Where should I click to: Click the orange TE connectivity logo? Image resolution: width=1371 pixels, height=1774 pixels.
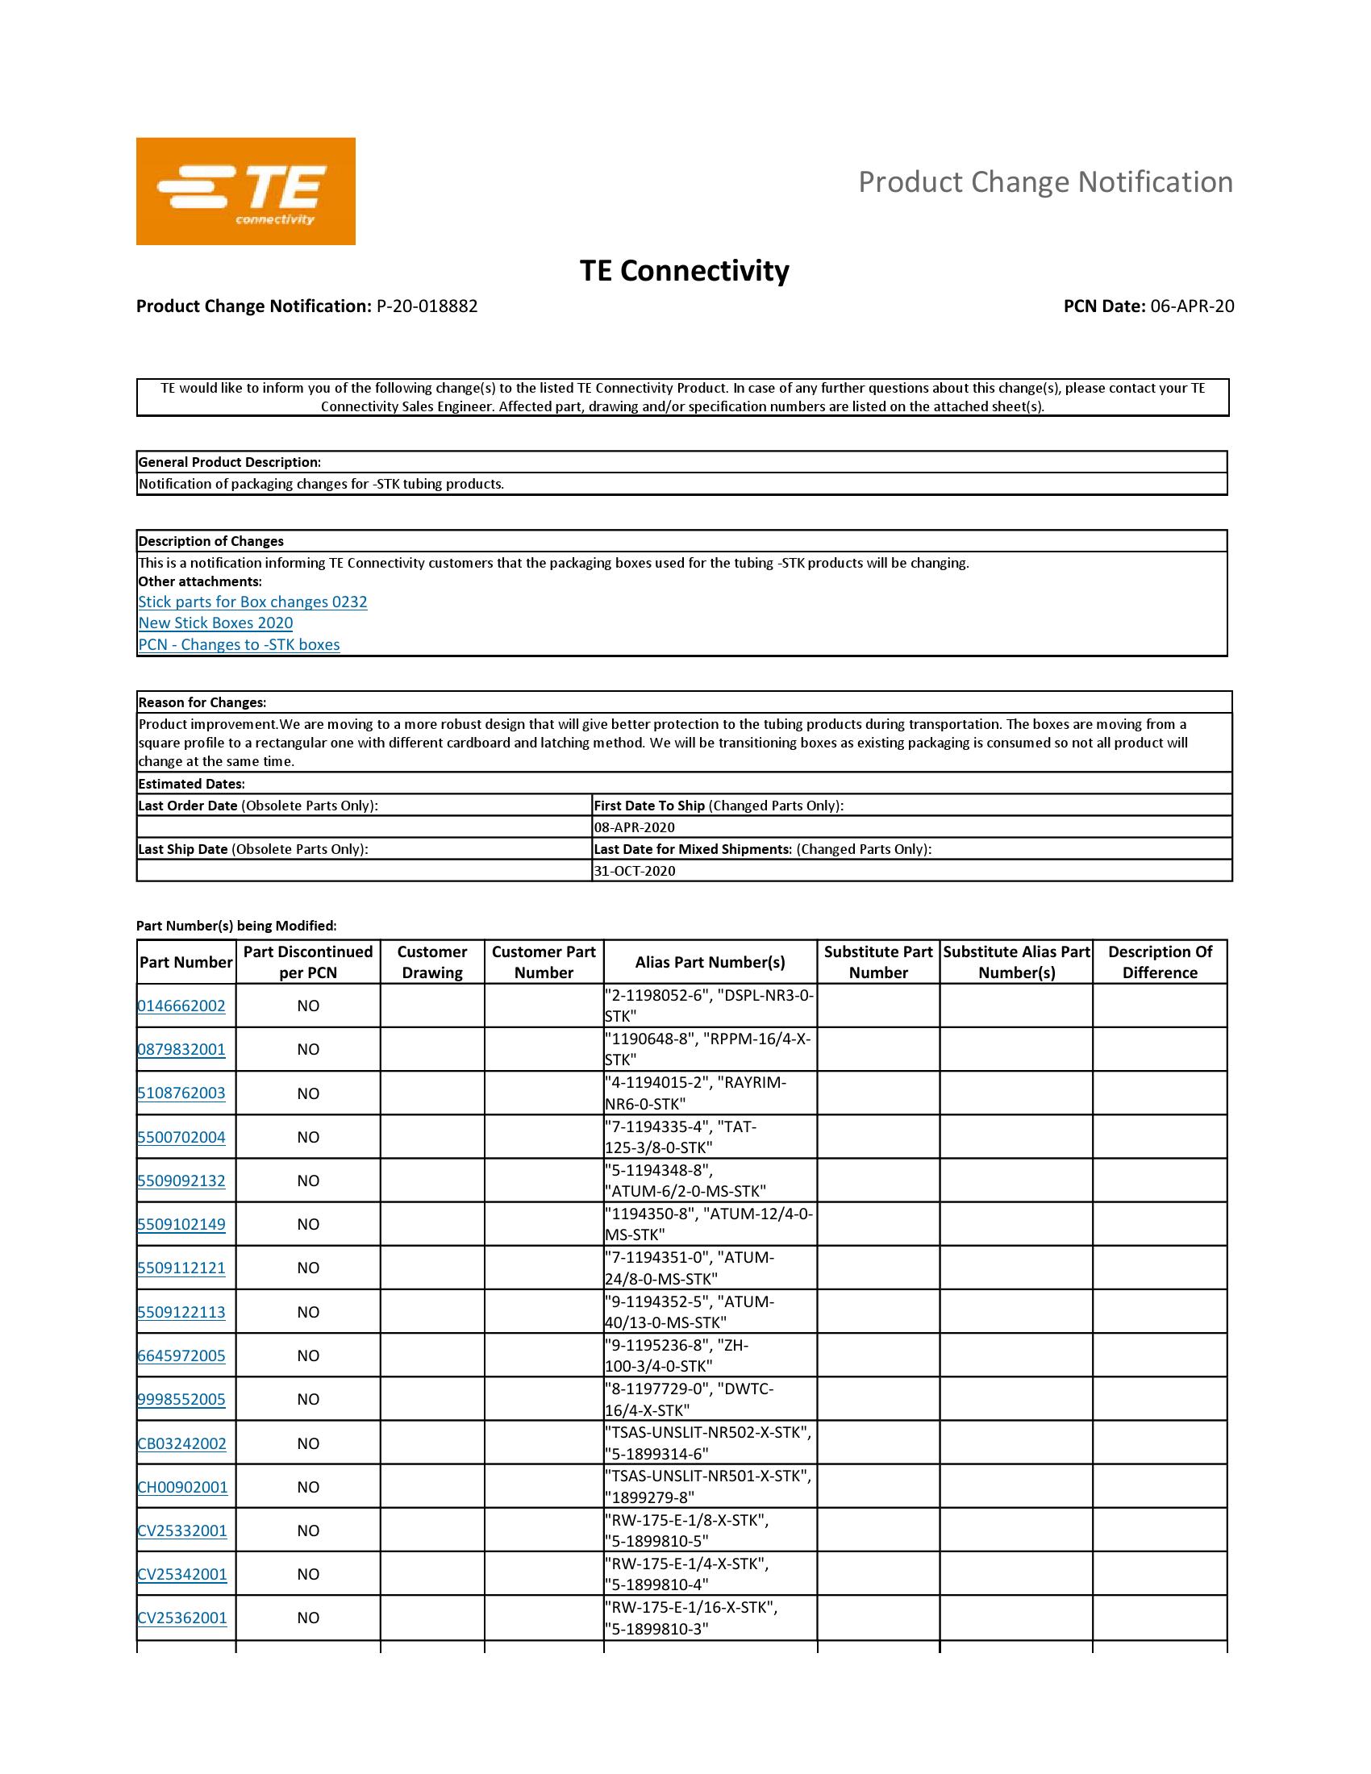pyautogui.click(x=245, y=191)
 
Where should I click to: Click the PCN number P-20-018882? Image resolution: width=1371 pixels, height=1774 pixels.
pyautogui.click(x=427, y=306)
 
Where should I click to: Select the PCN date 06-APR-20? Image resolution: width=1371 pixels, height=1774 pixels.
pyautogui.click(x=1191, y=306)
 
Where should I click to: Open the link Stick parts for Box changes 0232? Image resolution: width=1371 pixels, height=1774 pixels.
pyautogui.click(x=252, y=602)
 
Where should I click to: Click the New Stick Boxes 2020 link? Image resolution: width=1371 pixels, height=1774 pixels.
pyautogui.click(x=215, y=623)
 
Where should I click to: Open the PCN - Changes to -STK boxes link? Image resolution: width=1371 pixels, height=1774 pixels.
pyautogui.click(x=239, y=644)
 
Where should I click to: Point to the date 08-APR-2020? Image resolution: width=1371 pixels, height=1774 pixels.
pyautogui.click(x=635, y=827)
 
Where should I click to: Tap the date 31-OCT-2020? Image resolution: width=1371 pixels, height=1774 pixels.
pyautogui.click(x=635, y=871)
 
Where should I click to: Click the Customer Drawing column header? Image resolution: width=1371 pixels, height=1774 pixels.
pyautogui.click(x=432, y=962)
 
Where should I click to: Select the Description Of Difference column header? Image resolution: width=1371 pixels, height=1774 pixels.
pyautogui.click(x=1159, y=962)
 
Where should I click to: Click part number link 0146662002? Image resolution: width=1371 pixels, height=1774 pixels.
pyautogui.click(x=181, y=1006)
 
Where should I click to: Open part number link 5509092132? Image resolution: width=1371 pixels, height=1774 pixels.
pyautogui.click(x=181, y=1181)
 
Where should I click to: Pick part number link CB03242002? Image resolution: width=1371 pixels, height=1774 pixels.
pyautogui.click(x=182, y=1443)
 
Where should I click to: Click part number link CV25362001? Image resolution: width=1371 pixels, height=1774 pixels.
pyautogui.click(x=182, y=1618)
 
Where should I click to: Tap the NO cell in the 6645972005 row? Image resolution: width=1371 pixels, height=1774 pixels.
pyautogui.click(x=308, y=1355)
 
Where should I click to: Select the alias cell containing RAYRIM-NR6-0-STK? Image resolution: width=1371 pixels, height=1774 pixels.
pyautogui.click(x=709, y=1093)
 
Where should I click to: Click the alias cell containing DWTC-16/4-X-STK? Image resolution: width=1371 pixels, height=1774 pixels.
pyautogui.click(x=709, y=1399)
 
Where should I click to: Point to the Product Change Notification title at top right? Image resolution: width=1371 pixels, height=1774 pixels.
pyautogui.click(x=1045, y=182)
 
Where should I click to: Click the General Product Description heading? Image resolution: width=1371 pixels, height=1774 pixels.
pyautogui.click(x=230, y=462)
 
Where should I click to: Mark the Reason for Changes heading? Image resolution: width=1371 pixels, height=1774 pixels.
pyautogui.click(x=202, y=702)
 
